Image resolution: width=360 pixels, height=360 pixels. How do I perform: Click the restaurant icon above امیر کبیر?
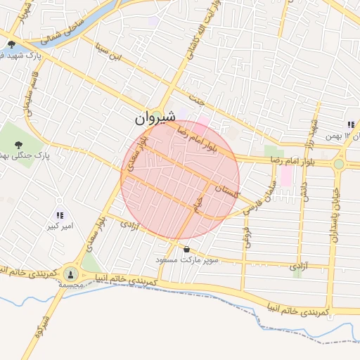[59, 215]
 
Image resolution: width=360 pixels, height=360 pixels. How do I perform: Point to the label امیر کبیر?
[59, 226]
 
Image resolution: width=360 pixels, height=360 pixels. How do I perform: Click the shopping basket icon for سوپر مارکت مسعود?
[186, 249]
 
